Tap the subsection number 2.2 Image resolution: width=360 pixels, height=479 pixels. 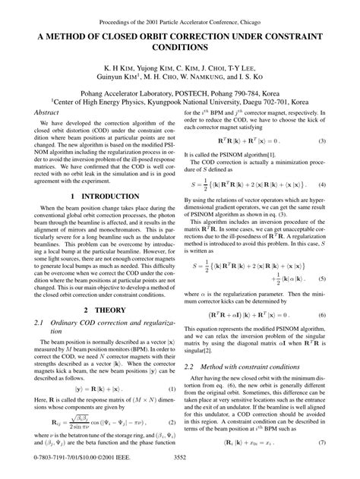coord(191,345)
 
